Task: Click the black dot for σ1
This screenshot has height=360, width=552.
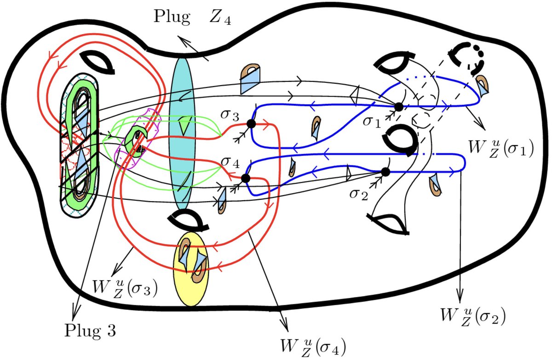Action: tap(398, 107)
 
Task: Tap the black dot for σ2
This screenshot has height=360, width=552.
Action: tap(385, 172)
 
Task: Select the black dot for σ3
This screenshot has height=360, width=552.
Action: tap(251, 124)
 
